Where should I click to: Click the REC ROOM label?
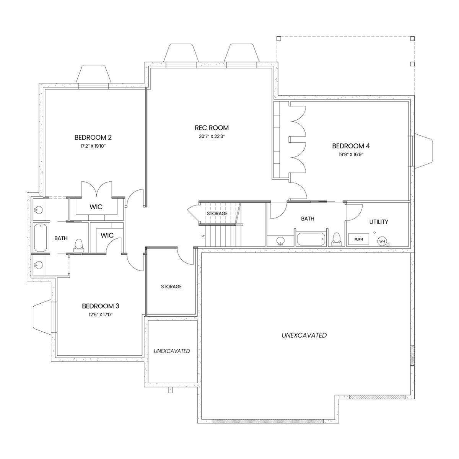pyautogui.click(x=212, y=128)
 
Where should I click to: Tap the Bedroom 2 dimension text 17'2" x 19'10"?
pyautogui.click(x=93, y=146)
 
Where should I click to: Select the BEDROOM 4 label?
pyautogui.click(x=351, y=146)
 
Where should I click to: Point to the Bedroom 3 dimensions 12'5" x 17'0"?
pyautogui.click(x=101, y=315)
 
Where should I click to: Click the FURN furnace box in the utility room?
pyautogui.click(x=358, y=239)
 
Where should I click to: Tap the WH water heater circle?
pyautogui.click(x=382, y=241)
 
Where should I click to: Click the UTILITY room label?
pyautogui.click(x=379, y=222)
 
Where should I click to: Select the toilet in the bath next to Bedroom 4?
pyautogui.click(x=336, y=239)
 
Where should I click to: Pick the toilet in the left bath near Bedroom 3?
pyautogui.click(x=78, y=246)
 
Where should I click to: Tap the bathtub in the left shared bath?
pyautogui.click(x=41, y=238)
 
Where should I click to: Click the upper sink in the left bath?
pyautogui.click(x=38, y=210)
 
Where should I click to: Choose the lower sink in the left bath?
pyautogui.click(x=38, y=265)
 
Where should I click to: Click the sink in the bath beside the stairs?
pyautogui.click(x=281, y=241)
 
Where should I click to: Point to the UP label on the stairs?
pyautogui.click(x=203, y=236)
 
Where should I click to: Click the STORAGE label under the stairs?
pyautogui.click(x=217, y=213)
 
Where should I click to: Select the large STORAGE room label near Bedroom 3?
pyautogui.click(x=171, y=286)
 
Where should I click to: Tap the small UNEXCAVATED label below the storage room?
pyautogui.click(x=172, y=351)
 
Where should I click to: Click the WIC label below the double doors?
pyautogui.click(x=96, y=207)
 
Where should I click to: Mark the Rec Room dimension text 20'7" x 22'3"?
pyautogui.click(x=212, y=137)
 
